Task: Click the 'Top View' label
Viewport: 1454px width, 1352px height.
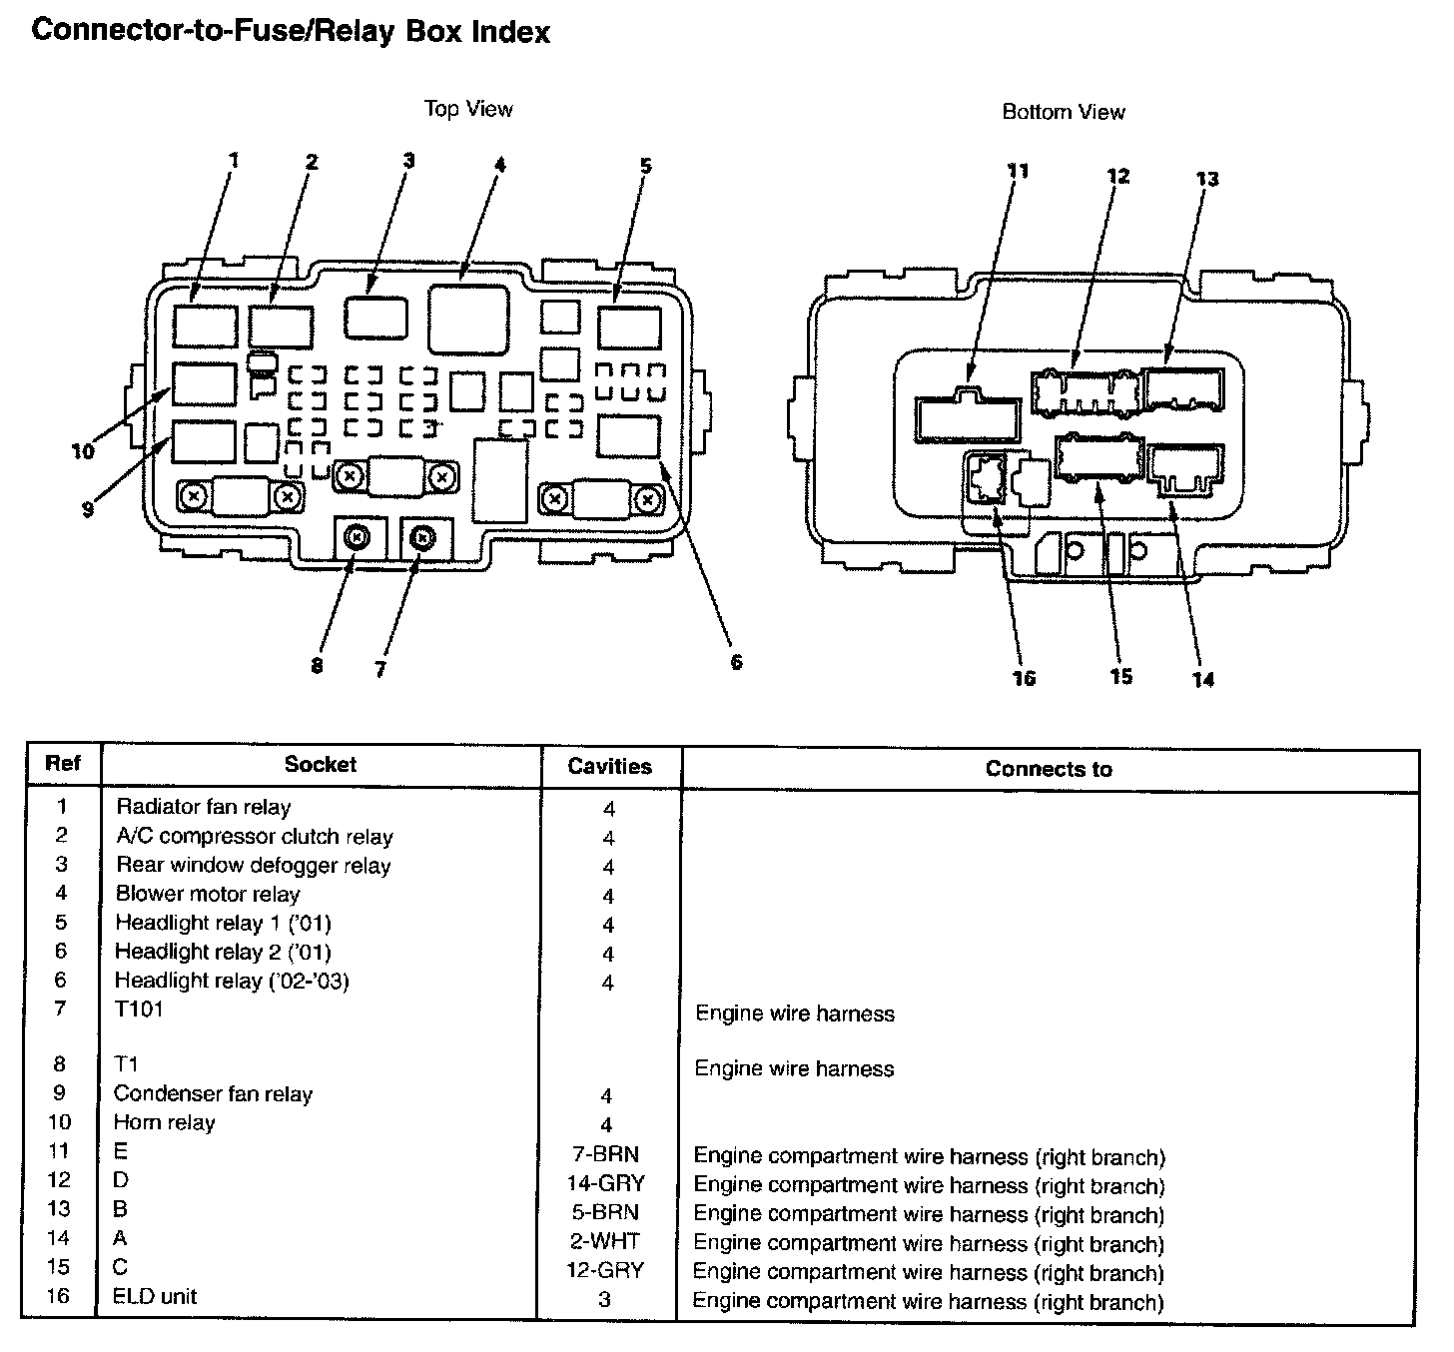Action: (x=468, y=109)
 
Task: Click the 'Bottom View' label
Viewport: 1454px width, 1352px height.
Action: (x=1064, y=112)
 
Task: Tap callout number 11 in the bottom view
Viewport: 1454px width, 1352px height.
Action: (x=1017, y=171)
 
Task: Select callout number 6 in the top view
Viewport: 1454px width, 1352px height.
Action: (x=736, y=662)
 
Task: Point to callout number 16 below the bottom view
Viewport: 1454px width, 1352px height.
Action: (x=1025, y=679)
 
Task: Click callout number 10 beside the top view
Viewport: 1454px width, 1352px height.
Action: (x=83, y=451)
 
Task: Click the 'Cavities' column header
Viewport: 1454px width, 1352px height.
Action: (x=609, y=767)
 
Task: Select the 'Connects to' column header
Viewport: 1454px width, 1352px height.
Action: (x=1049, y=769)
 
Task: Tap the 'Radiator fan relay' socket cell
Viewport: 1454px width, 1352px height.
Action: (x=204, y=807)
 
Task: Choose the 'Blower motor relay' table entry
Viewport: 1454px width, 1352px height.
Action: (x=208, y=894)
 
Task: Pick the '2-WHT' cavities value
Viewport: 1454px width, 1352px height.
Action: (x=607, y=1241)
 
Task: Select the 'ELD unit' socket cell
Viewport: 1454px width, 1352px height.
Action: (x=155, y=1297)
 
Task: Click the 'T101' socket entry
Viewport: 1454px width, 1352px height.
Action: (x=139, y=1009)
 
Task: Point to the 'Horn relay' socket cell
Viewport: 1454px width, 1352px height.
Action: (x=165, y=1122)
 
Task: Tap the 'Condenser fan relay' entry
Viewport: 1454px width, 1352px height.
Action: (x=214, y=1094)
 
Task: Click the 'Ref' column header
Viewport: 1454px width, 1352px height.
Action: (x=62, y=764)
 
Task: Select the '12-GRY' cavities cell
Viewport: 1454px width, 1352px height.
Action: (x=607, y=1270)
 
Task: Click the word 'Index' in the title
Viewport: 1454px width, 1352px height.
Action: (x=510, y=32)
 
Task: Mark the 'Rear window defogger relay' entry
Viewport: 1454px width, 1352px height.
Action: (x=254, y=865)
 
